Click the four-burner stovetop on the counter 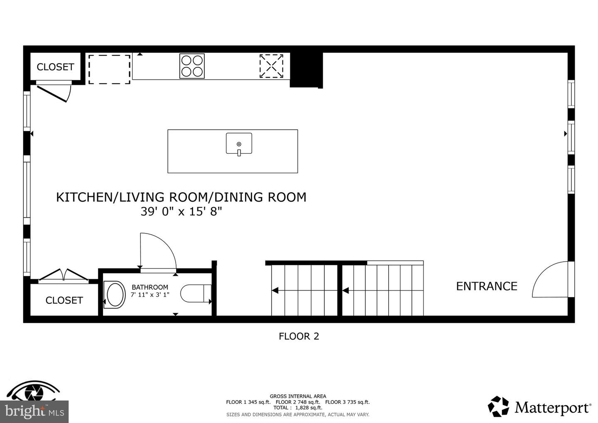point(192,66)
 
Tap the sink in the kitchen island point(239,144)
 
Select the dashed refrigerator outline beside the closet point(109,69)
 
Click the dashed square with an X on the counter point(271,66)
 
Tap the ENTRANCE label point(486,286)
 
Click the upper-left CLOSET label point(55,67)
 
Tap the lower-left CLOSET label point(64,300)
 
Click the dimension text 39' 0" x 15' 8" point(181,211)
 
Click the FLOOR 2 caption point(299,336)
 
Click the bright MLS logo point(34,411)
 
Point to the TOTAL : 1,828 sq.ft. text point(297,408)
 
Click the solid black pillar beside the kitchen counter point(306,70)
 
